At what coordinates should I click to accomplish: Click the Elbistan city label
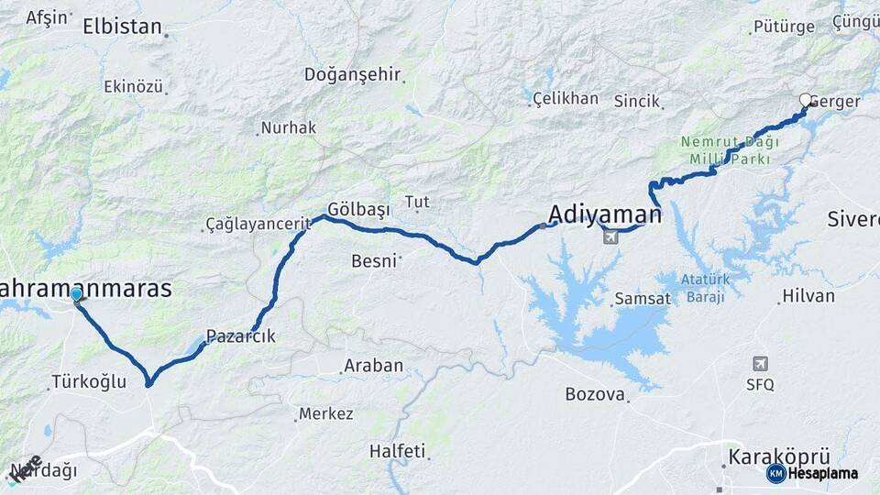122,27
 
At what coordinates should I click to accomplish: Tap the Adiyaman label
605,215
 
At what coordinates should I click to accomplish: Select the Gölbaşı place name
359,210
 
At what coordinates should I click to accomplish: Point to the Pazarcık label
240,336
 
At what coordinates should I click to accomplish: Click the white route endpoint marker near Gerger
806,100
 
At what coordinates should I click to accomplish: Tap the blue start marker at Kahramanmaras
77,294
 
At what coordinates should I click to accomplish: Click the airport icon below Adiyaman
610,237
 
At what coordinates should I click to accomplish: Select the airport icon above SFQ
760,364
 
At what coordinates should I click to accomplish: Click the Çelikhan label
566,98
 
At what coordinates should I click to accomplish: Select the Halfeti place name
397,451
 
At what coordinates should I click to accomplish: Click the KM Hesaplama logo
812,473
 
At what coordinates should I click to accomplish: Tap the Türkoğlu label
89,381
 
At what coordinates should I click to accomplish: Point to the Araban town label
373,366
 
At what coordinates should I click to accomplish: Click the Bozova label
595,395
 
